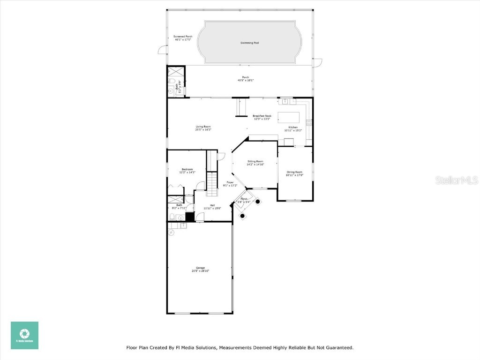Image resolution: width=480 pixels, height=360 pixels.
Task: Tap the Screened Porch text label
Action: click(183, 37)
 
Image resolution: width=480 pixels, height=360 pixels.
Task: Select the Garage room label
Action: click(200, 268)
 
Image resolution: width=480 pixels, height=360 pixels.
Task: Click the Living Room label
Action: click(203, 127)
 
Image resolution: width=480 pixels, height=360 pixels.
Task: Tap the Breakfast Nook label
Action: click(262, 116)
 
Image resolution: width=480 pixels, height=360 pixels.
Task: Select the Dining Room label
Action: click(294, 172)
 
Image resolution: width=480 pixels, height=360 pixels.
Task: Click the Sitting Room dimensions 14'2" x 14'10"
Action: click(255, 165)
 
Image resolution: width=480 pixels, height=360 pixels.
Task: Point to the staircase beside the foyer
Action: click(213, 183)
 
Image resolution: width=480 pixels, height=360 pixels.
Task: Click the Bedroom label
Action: click(187, 169)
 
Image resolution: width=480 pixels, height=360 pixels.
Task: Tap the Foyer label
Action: click(230, 182)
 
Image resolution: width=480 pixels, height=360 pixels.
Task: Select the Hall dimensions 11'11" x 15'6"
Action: click(212, 209)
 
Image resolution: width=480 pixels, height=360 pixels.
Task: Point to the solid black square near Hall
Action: click(190, 217)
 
